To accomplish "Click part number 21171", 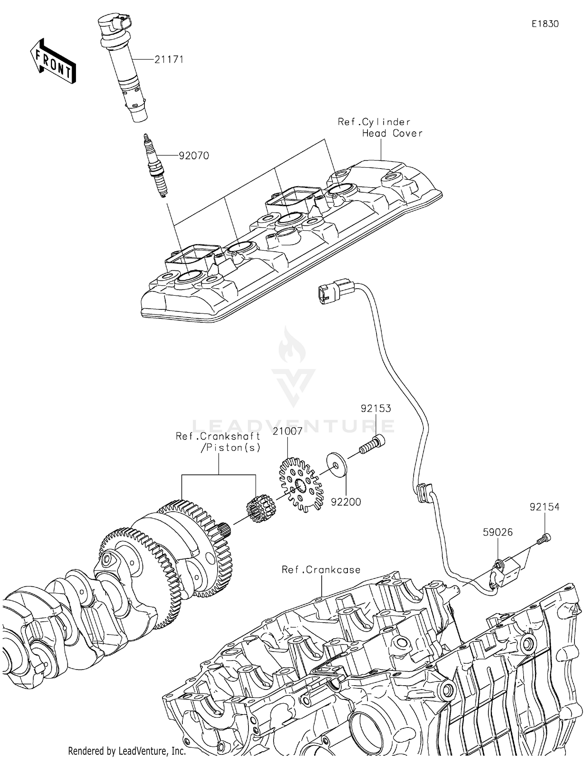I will [x=169, y=60].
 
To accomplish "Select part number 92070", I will [x=194, y=156].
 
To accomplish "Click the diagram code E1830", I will [x=545, y=24].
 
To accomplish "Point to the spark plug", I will [x=156, y=166].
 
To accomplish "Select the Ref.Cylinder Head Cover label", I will [x=380, y=128].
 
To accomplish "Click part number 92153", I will [x=376, y=408].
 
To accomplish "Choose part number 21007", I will [x=288, y=431].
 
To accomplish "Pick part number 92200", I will [x=346, y=501].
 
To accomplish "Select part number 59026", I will [x=497, y=532].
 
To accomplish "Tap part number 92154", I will [x=545, y=507].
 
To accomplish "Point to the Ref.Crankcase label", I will [x=321, y=570].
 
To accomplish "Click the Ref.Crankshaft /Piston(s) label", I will [x=218, y=442].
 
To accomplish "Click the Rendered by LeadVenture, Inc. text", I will [x=127, y=751].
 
